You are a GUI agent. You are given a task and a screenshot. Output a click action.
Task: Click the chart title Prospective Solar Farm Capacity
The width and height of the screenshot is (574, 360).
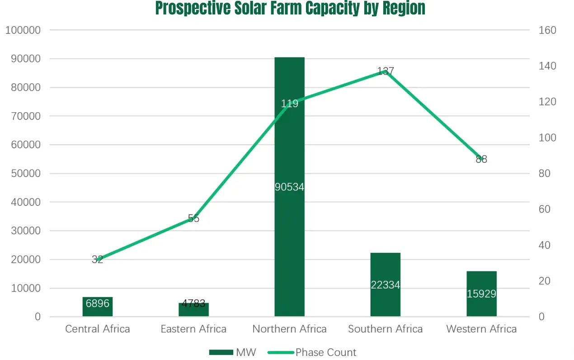pos(290,8)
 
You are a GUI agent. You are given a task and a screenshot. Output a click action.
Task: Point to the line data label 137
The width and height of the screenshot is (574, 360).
pos(386,71)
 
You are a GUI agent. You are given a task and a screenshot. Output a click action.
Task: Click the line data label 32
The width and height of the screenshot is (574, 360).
pos(97,260)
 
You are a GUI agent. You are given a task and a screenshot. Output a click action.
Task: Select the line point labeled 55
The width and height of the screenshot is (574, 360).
pos(193,218)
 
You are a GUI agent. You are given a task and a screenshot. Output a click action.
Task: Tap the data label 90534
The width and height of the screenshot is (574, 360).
pos(289,187)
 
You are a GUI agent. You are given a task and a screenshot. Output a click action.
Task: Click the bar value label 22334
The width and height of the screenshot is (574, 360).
pos(385,285)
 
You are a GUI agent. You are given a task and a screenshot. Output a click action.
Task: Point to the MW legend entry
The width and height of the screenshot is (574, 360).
pos(233,352)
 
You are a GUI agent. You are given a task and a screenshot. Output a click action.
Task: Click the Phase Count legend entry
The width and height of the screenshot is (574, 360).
pos(312,352)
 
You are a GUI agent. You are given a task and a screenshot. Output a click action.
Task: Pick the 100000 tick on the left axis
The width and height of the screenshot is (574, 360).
pos(23,30)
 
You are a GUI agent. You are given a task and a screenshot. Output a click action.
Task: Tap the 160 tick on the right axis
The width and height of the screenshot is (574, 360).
pos(547,30)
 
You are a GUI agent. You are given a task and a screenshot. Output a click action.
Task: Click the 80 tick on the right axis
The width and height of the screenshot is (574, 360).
pos(545,174)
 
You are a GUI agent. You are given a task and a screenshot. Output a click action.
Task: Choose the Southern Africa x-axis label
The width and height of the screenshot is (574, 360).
pos(385,329)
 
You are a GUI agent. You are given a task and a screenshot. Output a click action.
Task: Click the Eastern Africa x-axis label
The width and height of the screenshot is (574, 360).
pos(193,329)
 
